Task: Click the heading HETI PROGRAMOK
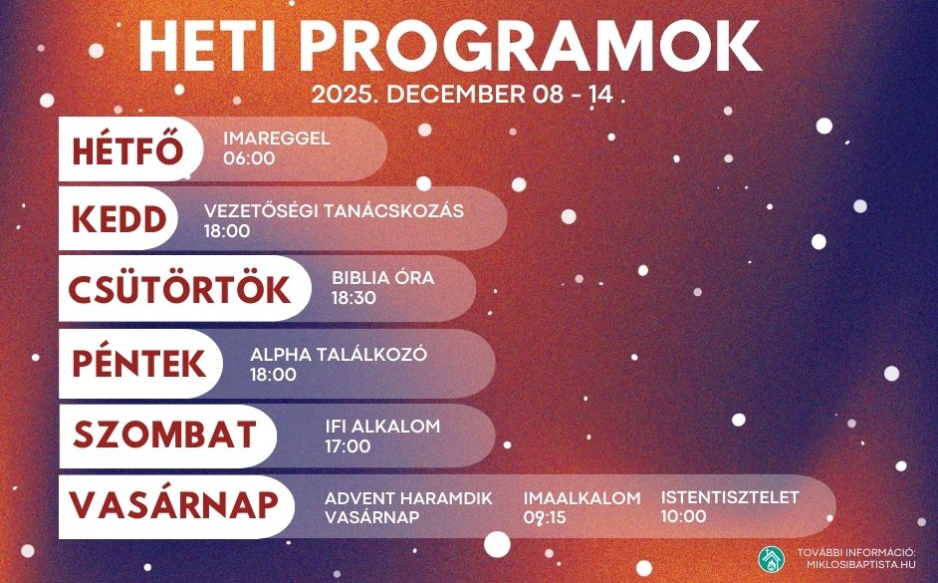(x=449, y=47)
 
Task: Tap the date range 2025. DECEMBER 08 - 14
(x=463, y=95)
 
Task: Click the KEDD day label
(x=118, y=219)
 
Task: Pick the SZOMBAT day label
(x=164, y=435)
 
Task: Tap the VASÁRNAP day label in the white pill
(x=173, y=504)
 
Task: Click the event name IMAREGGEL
(x=277, y=139)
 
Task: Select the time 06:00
(x=249, y=158)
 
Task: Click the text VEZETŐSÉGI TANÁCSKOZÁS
(x=334, y=210)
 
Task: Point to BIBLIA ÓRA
(x=382, y=278)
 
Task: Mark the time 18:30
(x=353, y=298)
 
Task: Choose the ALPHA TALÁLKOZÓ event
(x=339, y=355)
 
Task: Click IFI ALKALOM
(x=382, y=427)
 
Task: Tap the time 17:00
(x=348, y=445)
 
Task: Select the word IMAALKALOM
(x=583, y=498)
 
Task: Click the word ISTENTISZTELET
(x=730, y=497)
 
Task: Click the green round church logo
(x=772, y=559)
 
